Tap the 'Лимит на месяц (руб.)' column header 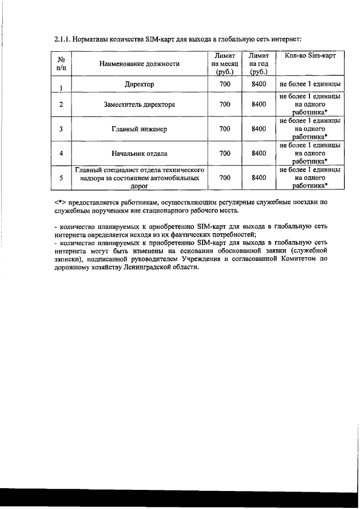pyautogui.click(x=224, y=64)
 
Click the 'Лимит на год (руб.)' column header pyautogui.click(x=259, y=64)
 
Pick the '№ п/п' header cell pyautogui.click(x=61, y=64)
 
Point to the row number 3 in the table pyautogui.click(x=61, y=129)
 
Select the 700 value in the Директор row pyautogui.click(x=224, y=84)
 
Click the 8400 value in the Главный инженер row pyautogui.click(x=259, y=129)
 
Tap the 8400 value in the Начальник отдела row pyautogui.click(x=259, y=153)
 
